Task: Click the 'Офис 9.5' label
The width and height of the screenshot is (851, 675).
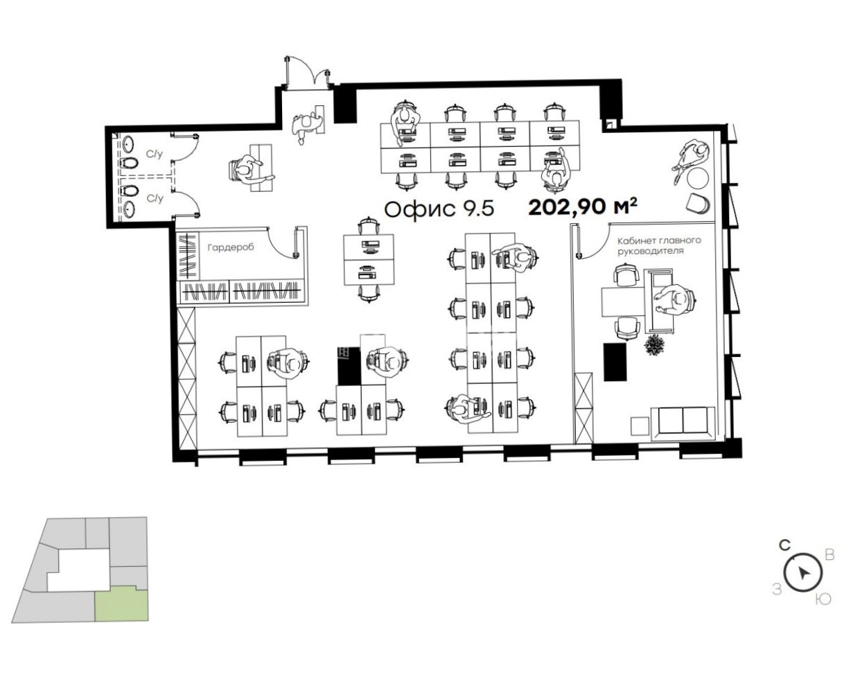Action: coord(439,209)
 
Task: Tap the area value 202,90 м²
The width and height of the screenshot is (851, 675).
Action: coord(583,207)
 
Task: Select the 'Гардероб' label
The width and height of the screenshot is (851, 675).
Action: coord(231,247)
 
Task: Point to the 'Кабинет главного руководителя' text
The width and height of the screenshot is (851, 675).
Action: coord(659,245)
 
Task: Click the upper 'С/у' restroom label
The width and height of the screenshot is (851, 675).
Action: coord(155,155)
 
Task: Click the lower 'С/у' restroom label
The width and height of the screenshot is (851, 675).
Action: coord(155,198)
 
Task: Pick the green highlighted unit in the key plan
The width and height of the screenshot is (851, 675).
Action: coord(121,606)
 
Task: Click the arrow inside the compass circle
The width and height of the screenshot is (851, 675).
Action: coord(803,573)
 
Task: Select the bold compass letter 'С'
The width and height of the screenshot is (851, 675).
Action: coord(784,545)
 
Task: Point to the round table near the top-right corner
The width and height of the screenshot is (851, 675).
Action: coord(698,178)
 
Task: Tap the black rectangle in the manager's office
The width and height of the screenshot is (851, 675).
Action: coord(615,362)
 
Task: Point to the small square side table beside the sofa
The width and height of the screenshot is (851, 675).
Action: coord(638,427)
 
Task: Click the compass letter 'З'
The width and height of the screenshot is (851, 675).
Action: coord(778,590)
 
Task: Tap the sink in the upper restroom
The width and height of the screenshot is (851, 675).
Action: coord(128,144)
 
